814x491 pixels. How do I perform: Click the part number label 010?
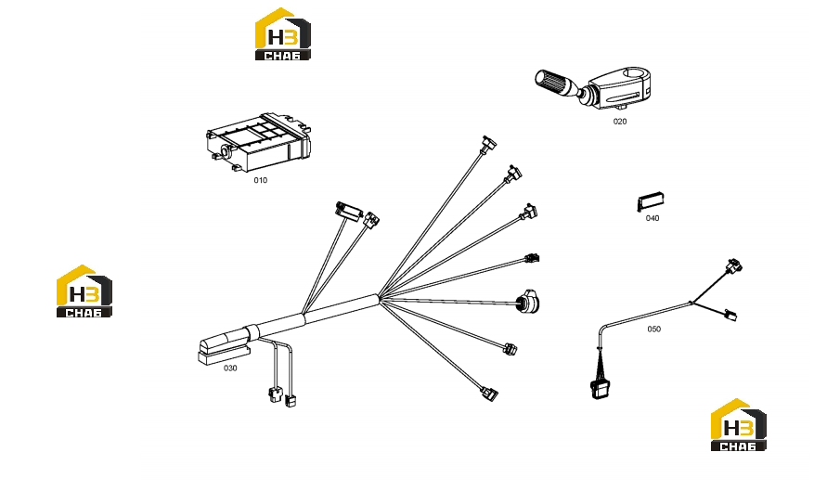point(261,180)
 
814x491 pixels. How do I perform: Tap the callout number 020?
point(620,122)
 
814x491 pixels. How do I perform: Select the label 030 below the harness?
point(230,368)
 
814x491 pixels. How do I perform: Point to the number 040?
point(652,218)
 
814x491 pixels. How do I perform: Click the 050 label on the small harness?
point(653,329)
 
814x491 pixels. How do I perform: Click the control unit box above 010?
point(259,143)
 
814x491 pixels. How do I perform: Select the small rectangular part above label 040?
point(651,202)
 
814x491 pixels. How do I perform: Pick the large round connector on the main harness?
point(528,301)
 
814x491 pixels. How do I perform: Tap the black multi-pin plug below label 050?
point(600,389)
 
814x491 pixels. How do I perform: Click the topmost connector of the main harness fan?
point(488,144)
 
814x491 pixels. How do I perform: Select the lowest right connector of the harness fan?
point(489,394)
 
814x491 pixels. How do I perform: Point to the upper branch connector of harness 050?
point(734,266)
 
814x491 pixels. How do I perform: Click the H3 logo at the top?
point(283,33)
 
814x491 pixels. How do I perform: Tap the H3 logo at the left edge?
point(84,291)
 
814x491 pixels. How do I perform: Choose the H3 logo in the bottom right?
point(738,424)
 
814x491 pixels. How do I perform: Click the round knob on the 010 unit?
point(226,151)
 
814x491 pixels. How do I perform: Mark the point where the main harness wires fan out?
point(381,297)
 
